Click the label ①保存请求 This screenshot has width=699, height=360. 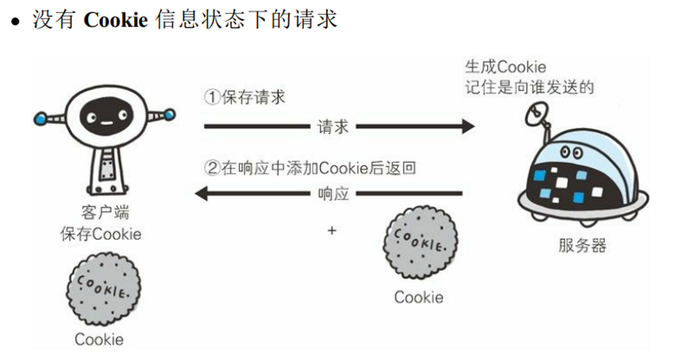coord(244,98)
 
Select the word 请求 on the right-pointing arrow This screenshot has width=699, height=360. coord(333,127)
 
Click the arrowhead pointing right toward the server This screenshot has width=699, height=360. coord(468,127)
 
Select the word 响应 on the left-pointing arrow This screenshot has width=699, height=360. coord(333,194)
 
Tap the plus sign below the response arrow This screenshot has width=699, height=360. coord(332,230)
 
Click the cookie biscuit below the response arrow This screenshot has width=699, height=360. coord(420,243)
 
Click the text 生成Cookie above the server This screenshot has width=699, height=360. coord(505,67)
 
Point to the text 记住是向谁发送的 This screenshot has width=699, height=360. coord(529,87)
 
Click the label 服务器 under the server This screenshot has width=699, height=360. coord(581,246)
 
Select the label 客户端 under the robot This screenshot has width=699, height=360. coord(105,213)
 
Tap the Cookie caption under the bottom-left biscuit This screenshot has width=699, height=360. coord(99,339)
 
